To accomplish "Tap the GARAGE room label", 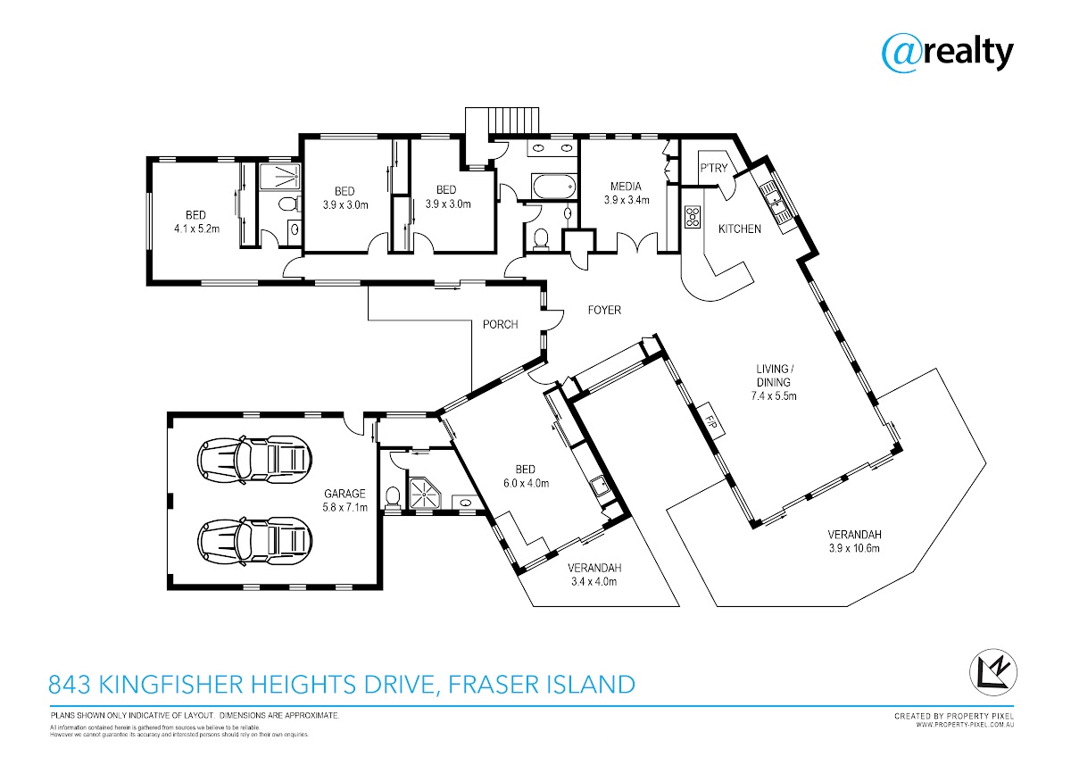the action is pos(345,493).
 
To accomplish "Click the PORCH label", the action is pos(500,324).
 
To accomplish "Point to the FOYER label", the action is pos(603,310).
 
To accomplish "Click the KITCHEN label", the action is pos(740,229).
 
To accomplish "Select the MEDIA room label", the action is pos(626,187).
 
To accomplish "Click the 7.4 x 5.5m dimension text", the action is pos(772,395).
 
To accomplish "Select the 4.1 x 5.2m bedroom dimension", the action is pos(196,229).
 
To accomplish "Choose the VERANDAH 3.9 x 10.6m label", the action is pos(854,541).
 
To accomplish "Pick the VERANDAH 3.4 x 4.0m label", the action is pos(594,574).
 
